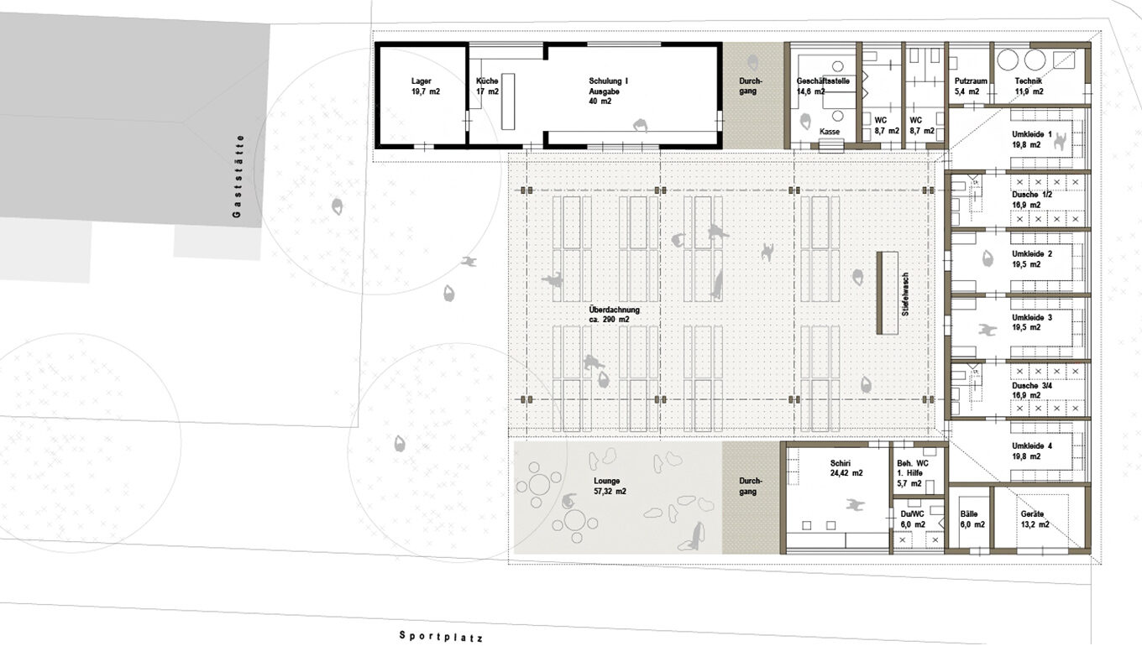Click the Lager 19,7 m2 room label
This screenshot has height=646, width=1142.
pyautogui.click(x=425, y=86)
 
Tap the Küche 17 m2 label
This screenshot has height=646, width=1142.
pyautogui.click(x=487, y=86)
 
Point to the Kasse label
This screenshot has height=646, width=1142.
pyautogui.click(x=830, y=132)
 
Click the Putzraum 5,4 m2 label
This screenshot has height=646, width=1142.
pyautogui.click(x=971, y=86)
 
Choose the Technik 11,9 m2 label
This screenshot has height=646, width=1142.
pyautogui.click(x=1029, y=86)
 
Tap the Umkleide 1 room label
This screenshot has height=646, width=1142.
pyautogui.click(x=1032, y=139)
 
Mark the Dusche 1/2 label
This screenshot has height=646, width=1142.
pyautogui.click(x=1032, y=200)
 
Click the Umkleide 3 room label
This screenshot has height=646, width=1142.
pyautogui.click(x=1032, y=322)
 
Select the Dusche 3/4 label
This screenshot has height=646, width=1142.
pyautogui.click(x=1032, y=390)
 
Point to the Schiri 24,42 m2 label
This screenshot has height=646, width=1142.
pyautogui.click(x=846, y=468)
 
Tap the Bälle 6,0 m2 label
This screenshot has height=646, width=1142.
pyautogui.click(x=972, y=519)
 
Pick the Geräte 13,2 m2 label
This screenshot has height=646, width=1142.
pyautogui.click(x=1035, y=519)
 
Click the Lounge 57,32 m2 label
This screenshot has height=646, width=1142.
pyautogui.click(x=610, y=486)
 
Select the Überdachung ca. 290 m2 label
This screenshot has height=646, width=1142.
pyautogui.click(x=614, y=315)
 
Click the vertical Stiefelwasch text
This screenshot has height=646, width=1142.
pyautogui.click(x=905, y=294)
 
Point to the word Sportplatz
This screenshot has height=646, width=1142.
pyautogui.click(x=441, y=636)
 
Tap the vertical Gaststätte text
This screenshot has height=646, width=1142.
pyautogui.click(x=237, y=176)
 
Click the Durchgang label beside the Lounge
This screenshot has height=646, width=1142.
pyautogui.click(x=751, y=486)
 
